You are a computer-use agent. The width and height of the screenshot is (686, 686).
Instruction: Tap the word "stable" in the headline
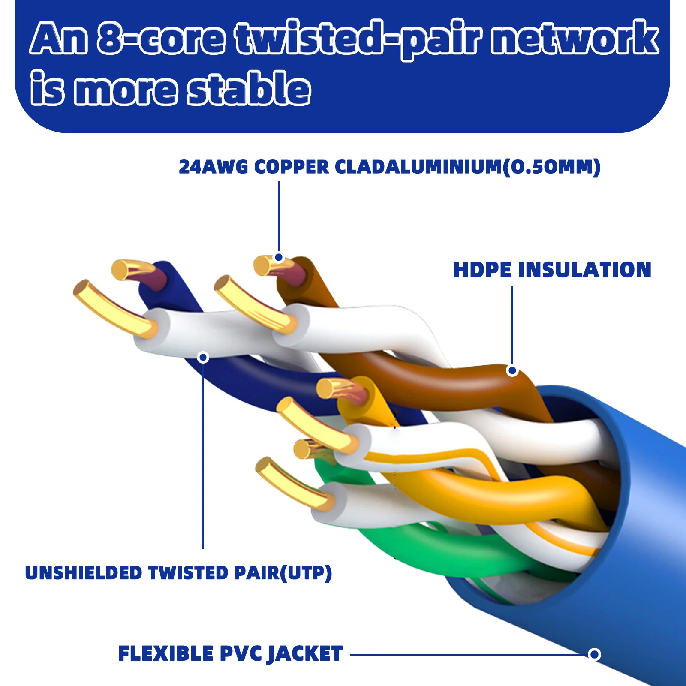pyautogui.click(x=249, y=89)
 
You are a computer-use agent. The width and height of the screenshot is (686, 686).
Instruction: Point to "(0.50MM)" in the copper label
pyautogui.click(x=551, y=167)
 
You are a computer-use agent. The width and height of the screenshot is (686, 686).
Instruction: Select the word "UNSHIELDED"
pyautogui.click(x=83, y=573)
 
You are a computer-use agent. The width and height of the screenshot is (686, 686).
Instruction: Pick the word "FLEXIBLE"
pyautogui.click(x=165, y=654)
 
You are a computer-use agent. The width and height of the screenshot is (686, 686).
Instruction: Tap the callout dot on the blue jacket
pyautogui.click(x=594, y=654)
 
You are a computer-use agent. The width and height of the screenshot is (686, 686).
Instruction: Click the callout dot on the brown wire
pyautogui.click(x=512, y=370)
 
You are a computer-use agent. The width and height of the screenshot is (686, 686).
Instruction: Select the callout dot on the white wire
pyautogui.click(x=203, y=357)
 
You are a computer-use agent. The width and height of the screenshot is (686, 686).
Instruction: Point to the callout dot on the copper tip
pyautogui.click(x=279, y=257)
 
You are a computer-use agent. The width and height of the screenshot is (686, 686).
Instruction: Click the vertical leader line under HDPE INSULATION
pyautogui.click(x=512, y=326)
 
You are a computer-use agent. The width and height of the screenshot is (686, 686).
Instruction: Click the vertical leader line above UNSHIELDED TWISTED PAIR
pyautogui.click(x=203, y=454)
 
